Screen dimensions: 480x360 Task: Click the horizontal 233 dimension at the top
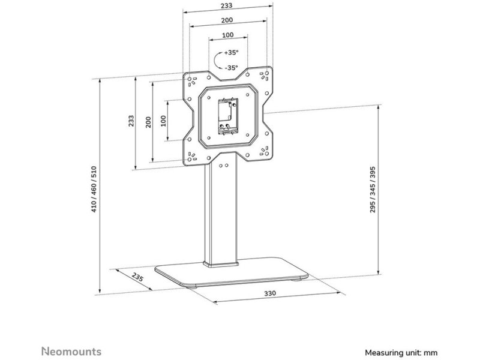click(227, 5)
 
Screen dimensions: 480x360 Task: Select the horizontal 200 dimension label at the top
click(227, 20)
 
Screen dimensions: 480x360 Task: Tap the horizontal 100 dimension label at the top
click(228, 35)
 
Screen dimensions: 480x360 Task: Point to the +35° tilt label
click(231, 53)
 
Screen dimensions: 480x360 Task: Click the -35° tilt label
click(231, 68)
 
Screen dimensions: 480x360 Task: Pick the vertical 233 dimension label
click(131, 121)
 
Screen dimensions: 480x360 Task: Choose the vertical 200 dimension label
click(148, 122)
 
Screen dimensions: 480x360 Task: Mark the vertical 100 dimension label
click(163, 121)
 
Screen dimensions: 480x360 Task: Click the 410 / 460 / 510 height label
click(94, 189)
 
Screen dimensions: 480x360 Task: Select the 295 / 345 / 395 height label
click(373, 190)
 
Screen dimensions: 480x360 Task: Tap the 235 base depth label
click(137, 277)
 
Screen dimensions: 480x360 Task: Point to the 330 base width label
click(270, 293)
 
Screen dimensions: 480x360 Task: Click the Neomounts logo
click(71, 352)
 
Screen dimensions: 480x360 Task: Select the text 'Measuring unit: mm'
click(401, 353)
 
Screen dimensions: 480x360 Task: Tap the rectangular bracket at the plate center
click(228, 116)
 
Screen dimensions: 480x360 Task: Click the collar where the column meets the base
click(221, 264)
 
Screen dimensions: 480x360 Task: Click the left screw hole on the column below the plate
click(221, 166)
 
